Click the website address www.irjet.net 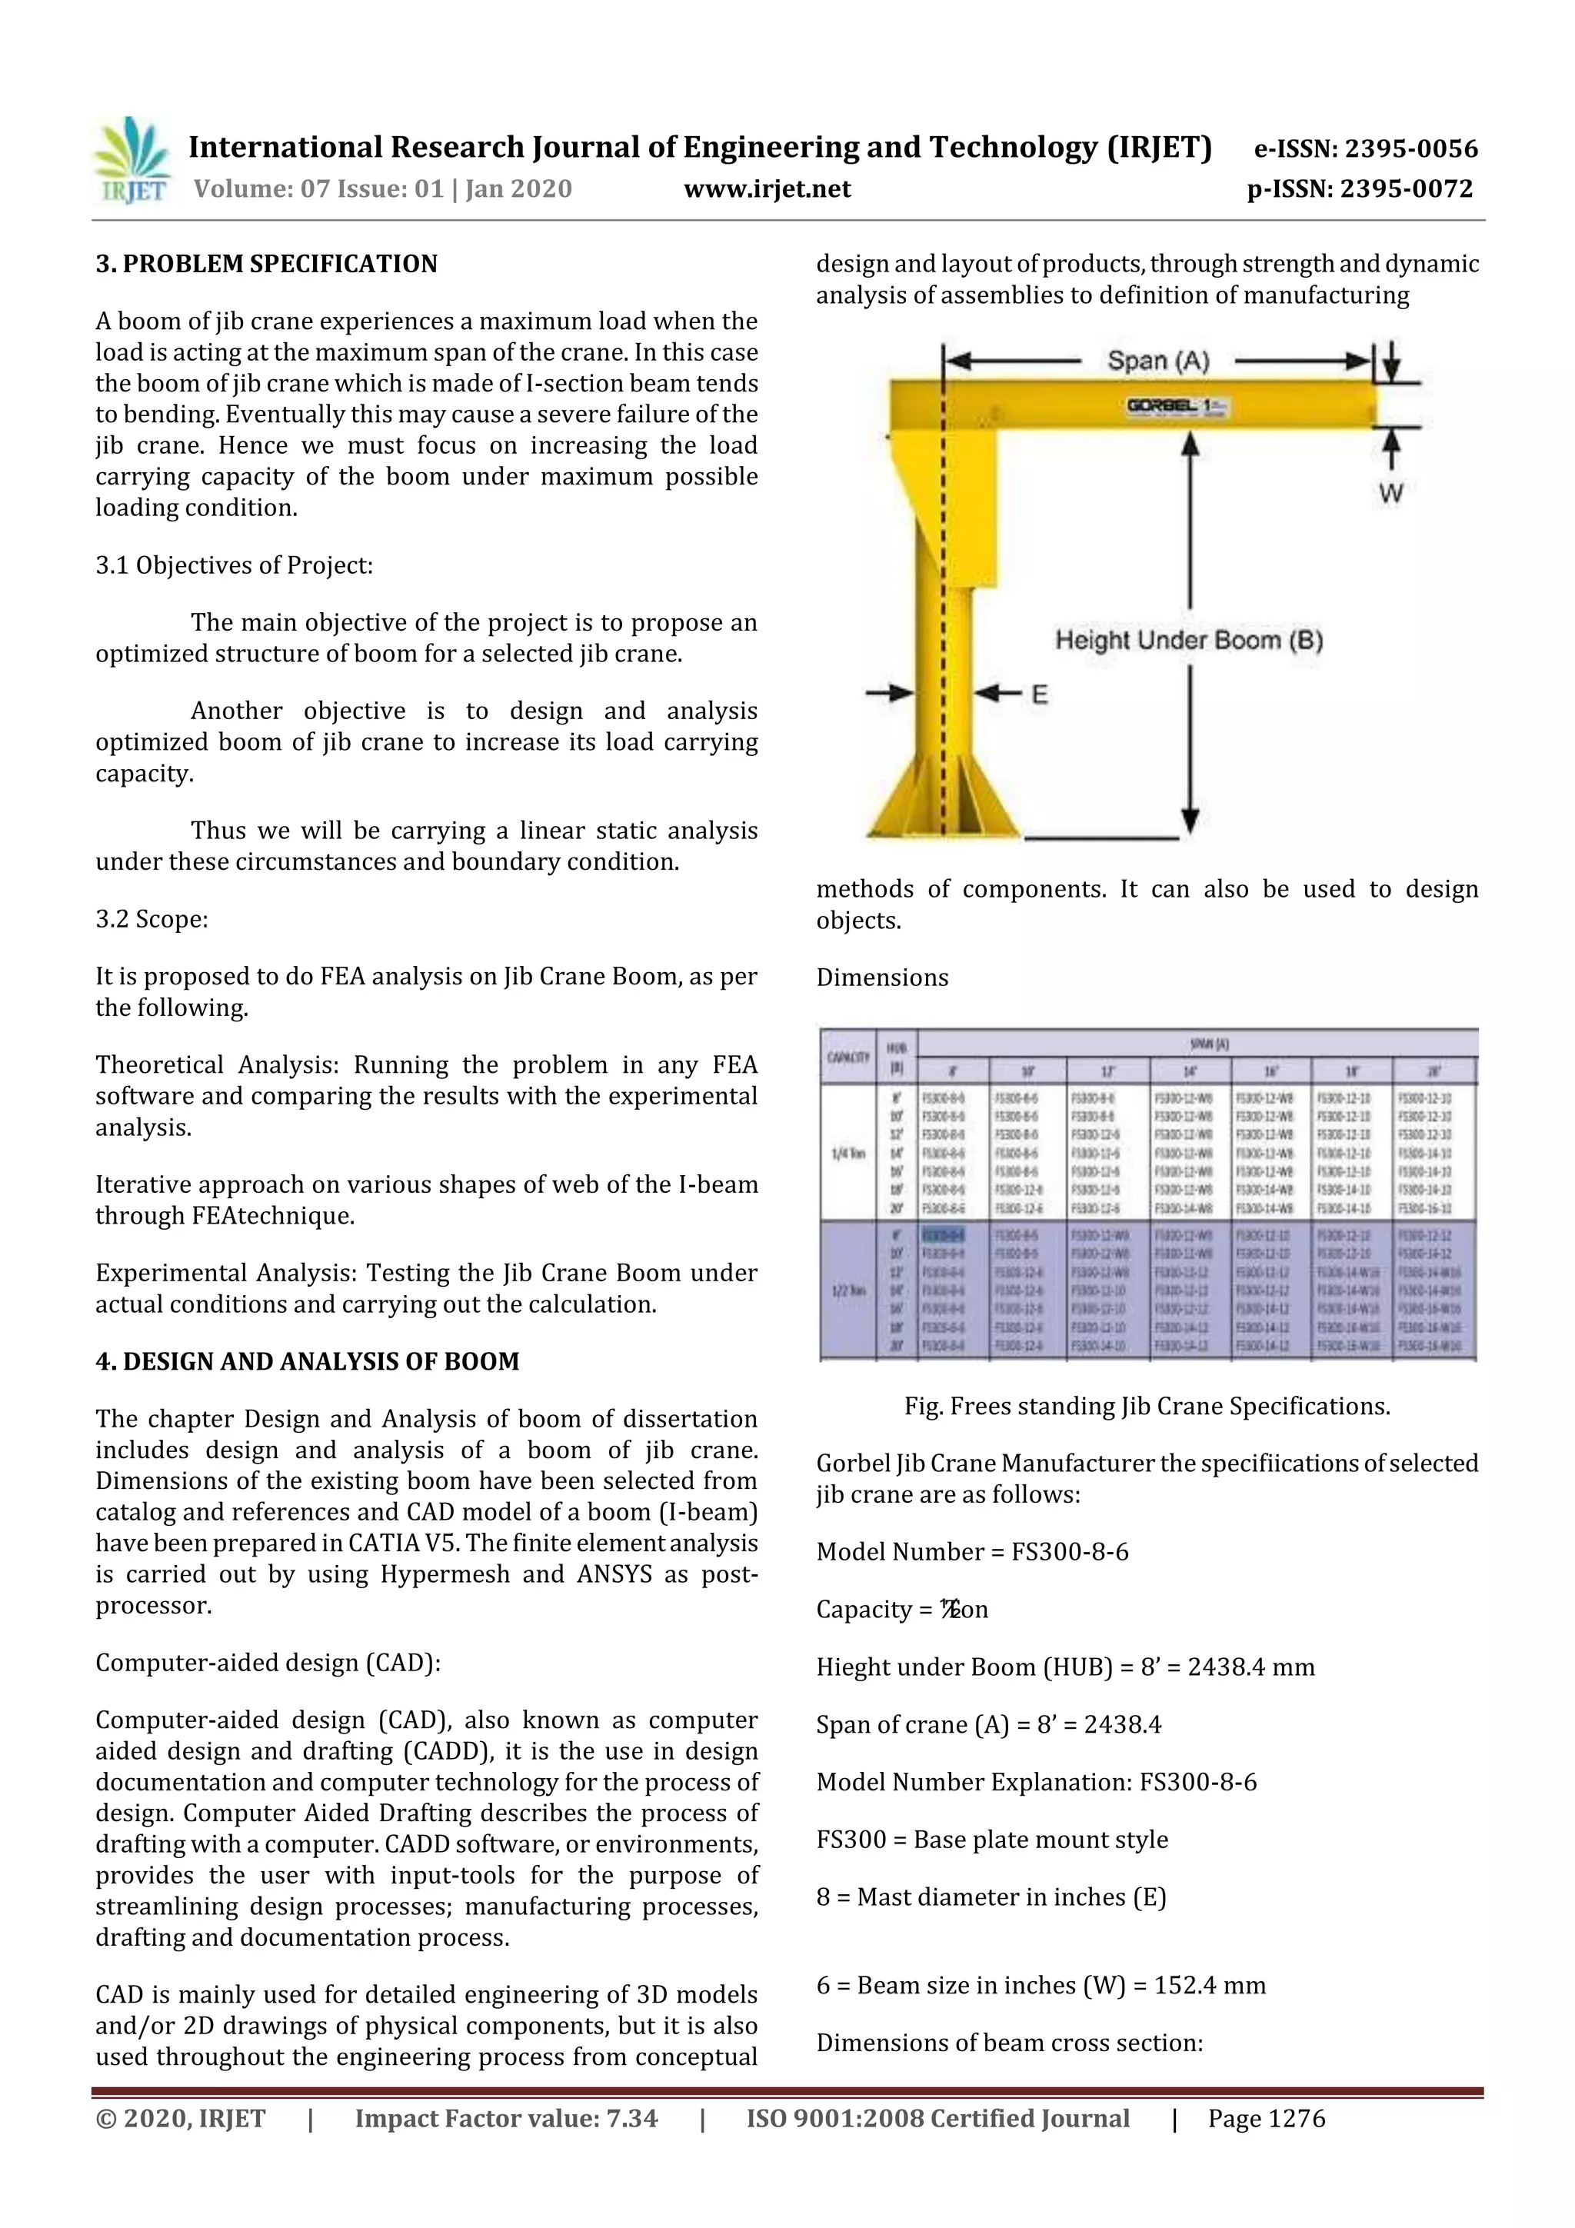pos(767,189)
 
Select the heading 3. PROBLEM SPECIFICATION pos(266,264)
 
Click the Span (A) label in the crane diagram pos(1157,361)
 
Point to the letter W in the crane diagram pos(1390,494)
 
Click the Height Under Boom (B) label pos(1189,641)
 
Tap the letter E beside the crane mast pos(1039,694)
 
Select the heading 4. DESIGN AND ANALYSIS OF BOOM pos(307,1361)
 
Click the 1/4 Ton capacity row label pos(847,1154)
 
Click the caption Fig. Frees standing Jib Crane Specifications pos(1147,1406)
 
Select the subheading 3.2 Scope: pos(152,919)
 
